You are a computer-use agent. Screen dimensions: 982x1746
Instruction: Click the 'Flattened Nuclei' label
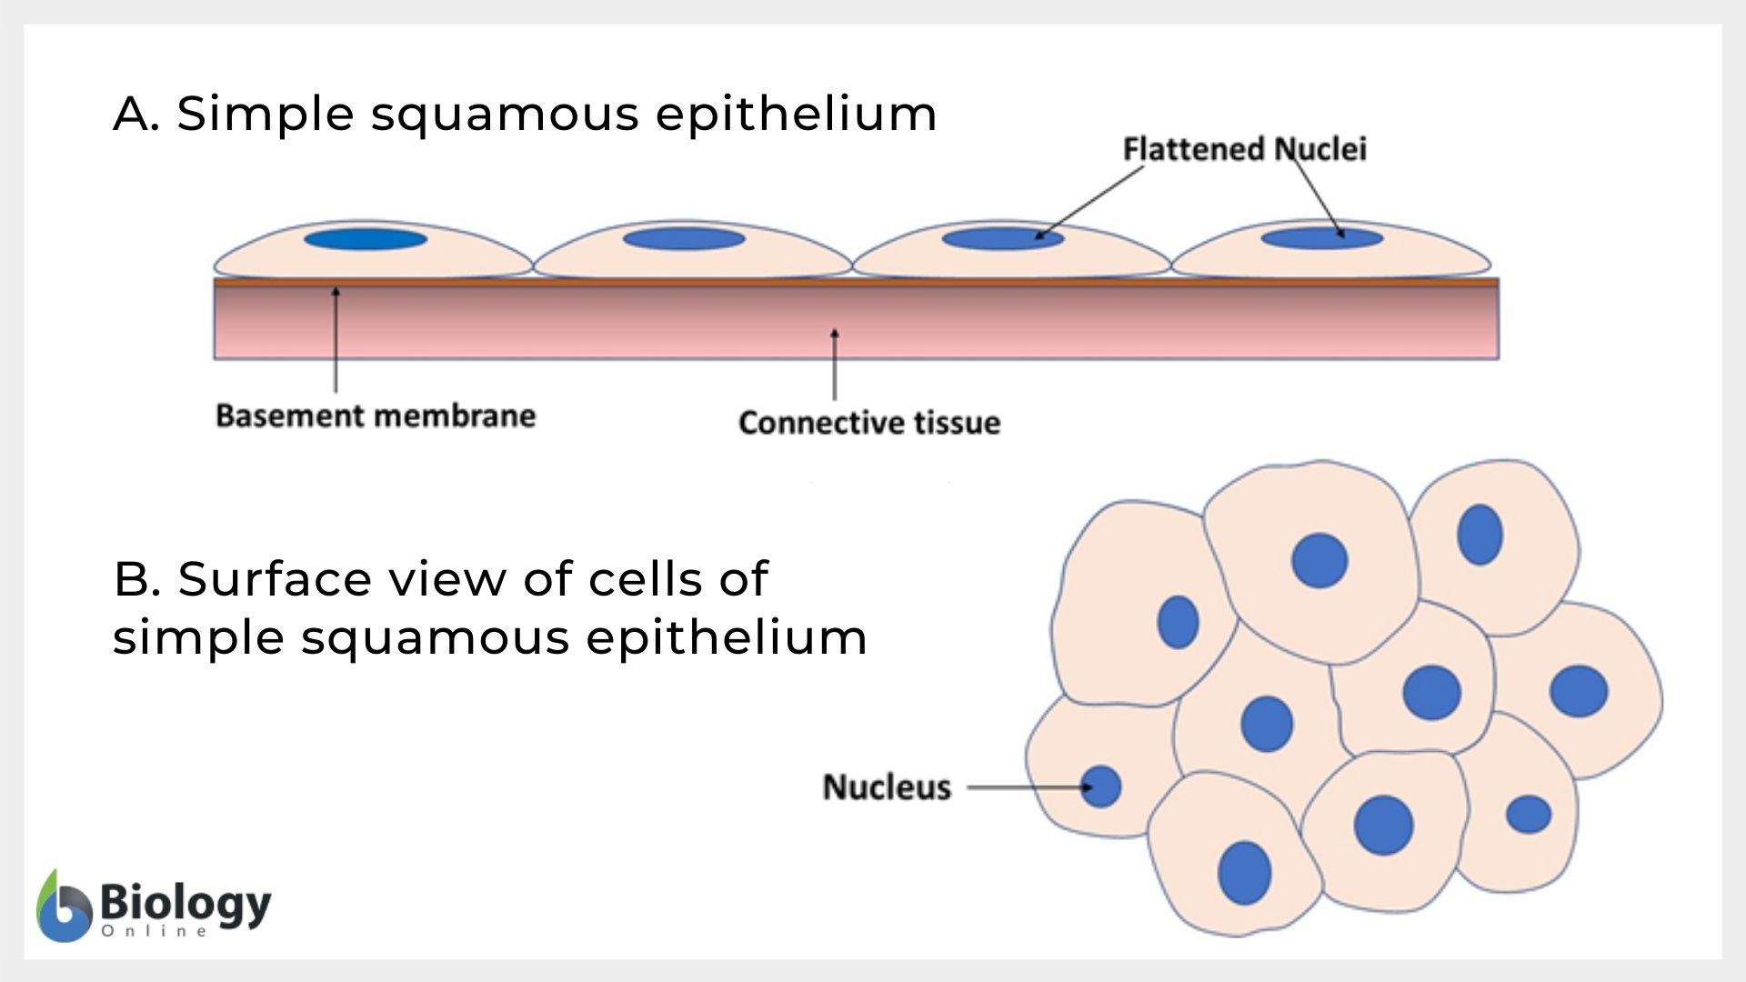pos(1244,149)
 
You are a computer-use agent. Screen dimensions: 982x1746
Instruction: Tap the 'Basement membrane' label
pos(376,416)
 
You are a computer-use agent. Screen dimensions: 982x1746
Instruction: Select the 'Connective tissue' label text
pos(869,423)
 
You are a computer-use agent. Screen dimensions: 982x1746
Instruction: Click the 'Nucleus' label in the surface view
pos(887,787)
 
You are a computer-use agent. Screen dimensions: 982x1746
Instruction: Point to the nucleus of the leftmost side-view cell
pos(366,239)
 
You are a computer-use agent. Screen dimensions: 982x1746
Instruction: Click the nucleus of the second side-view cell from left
pos(684,239)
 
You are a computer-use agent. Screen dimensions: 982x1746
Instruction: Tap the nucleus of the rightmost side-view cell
pos(1321,239)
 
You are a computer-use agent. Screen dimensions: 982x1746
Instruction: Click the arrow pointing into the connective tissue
pos(835,364)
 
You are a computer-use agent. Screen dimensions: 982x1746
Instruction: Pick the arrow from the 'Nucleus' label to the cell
pos(1028,787)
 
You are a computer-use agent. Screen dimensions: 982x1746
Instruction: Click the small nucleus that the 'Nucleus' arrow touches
pos(1101,787)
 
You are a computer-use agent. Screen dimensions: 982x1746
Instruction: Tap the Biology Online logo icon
pos(64,907)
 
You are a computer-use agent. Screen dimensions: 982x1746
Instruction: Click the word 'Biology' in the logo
pos(186,903)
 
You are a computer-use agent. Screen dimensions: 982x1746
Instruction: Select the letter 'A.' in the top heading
pos(136,115)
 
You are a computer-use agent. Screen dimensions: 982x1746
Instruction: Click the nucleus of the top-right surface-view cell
pos(1480,535)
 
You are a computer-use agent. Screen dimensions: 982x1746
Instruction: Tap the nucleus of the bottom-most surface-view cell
pos(1244,873)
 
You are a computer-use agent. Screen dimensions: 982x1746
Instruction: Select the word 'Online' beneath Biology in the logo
pos(155,931)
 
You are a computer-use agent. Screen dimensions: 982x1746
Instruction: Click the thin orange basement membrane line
pos(855,283)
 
